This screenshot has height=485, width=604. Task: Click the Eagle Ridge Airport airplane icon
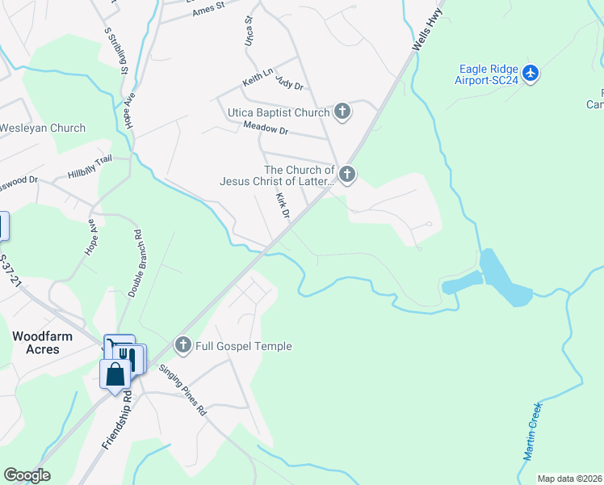531,74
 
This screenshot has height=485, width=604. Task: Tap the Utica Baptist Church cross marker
342,112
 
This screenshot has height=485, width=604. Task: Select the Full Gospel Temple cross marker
182,346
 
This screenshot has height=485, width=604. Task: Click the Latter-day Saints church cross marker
347,174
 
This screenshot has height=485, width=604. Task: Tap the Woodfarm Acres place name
36,342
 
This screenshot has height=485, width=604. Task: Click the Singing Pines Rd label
183,390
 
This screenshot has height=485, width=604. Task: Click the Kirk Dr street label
282,205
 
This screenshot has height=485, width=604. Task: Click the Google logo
27,475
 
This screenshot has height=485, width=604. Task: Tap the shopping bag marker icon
115,373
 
